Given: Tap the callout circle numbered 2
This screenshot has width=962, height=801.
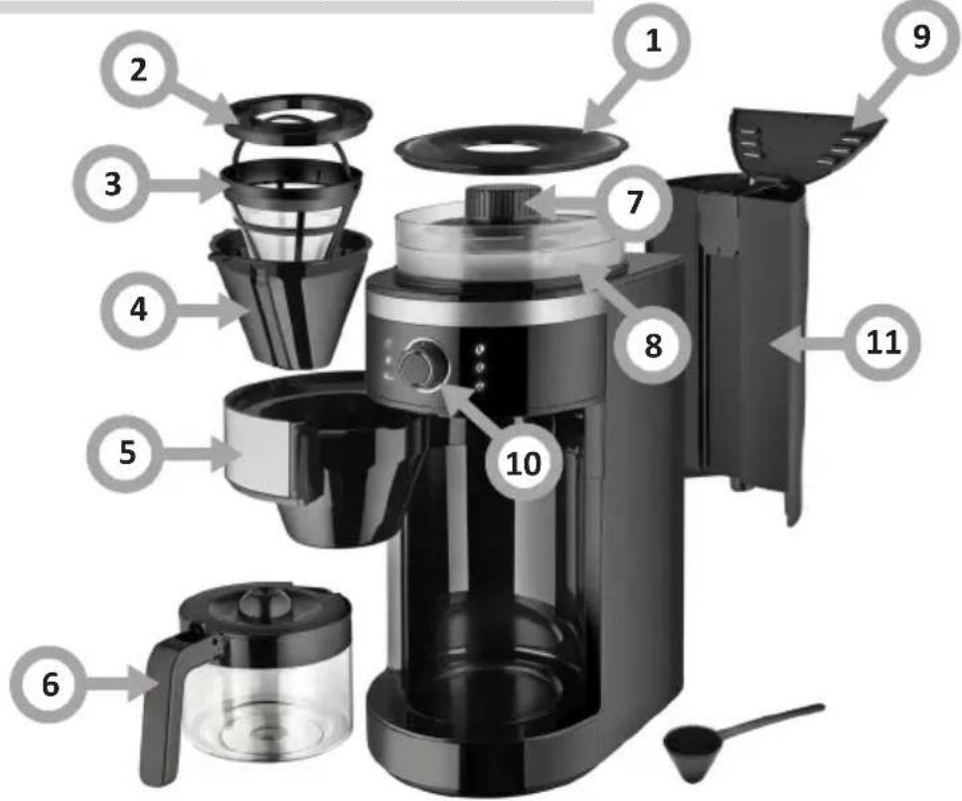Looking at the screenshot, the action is point(139,71).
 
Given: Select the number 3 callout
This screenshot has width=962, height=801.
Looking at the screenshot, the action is point(112,184).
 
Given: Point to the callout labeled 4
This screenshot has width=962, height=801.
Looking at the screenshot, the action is point(139,310).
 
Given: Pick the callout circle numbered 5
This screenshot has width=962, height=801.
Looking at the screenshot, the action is point(127,453).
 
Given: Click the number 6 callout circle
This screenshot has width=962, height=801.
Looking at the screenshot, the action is point(50,684).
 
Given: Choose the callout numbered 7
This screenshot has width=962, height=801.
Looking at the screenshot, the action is point(634,202).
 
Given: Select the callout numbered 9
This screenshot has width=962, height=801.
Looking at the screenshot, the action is point(921,36).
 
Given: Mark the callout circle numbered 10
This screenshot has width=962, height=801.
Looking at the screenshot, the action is point(524,463).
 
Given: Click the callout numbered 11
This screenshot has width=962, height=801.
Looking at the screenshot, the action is point(882,342).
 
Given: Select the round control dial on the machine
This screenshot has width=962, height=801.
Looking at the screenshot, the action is point(422,366).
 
